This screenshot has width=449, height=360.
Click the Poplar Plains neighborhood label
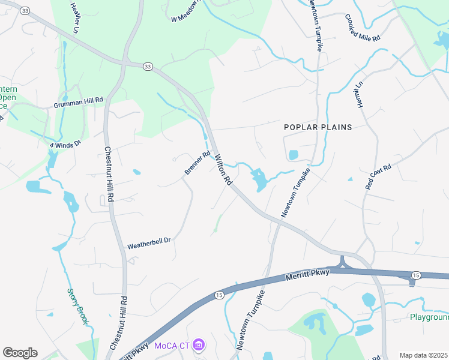click(318, 127)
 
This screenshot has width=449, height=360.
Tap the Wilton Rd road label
click(223, 169)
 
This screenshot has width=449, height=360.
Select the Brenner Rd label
click(197, 163)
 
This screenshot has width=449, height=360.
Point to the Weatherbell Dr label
click(149, 243)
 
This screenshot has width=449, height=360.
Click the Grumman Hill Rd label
click(79, 103)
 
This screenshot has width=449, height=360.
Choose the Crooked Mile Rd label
click(363, 28)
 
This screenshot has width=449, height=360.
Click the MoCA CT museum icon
click(199, 346)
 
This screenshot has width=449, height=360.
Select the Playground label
click(429, 317)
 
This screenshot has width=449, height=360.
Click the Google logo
click(20, 353)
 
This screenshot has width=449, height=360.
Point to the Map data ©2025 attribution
click(423, 355)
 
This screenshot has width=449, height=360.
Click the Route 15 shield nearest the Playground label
click(415, 275)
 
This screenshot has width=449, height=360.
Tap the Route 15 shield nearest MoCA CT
click(218, 295)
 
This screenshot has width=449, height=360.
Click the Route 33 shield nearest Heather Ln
click(25, 11)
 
